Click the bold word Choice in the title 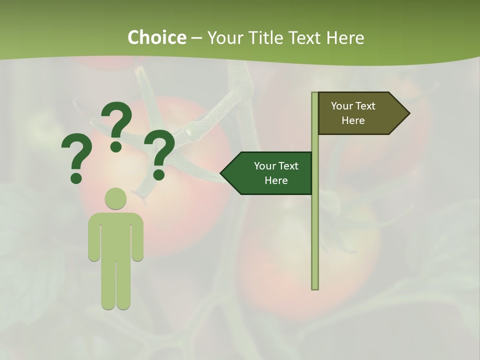156,37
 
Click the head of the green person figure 115,198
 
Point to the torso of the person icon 115,235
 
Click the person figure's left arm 93,237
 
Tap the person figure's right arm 138,237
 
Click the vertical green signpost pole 315,225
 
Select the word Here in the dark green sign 276,180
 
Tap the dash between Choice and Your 196,37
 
